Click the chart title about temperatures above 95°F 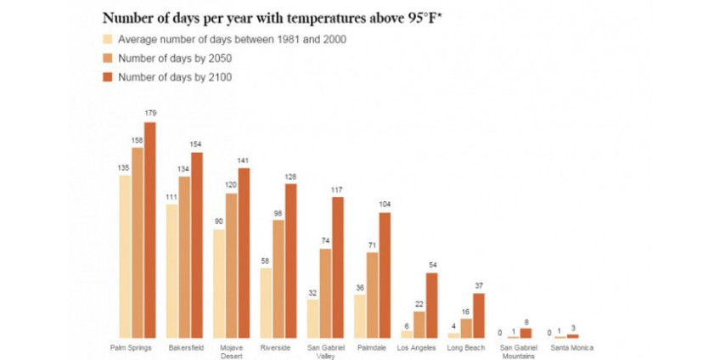(272, 17)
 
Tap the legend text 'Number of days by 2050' (175, 58)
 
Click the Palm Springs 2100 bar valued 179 (150, 230)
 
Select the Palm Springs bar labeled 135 (125, 257)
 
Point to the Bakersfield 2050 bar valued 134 (184, 257)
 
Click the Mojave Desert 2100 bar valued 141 (244, 253)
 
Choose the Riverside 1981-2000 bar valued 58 (266, 303)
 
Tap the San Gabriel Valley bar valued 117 (338, 267)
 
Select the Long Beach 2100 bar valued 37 (478, 316)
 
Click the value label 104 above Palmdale (385, 205)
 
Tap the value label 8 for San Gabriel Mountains (525, 322)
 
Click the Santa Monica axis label (571, 347)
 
